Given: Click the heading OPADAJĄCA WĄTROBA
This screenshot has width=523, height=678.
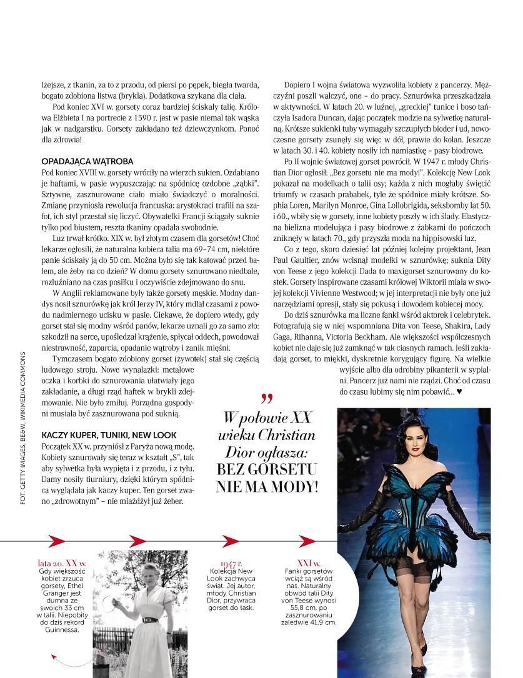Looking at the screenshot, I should pos(87,161).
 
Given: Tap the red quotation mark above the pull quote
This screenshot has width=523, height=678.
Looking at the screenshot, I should pos(267,398).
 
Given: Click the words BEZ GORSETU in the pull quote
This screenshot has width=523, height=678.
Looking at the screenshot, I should pos(269,469).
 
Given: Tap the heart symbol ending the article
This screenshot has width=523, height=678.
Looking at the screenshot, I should pos(459,392).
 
